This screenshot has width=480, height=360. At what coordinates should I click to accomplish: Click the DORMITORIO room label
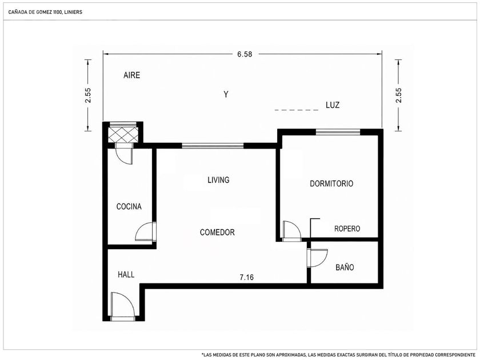331,183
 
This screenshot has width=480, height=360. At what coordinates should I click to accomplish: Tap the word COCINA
129,207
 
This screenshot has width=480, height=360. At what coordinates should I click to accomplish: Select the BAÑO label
345,267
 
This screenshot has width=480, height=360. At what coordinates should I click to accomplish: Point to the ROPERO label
347,229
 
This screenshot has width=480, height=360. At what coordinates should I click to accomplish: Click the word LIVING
218,179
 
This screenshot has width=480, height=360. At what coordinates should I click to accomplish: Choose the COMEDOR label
217,233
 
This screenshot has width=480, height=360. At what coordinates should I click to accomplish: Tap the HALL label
126,275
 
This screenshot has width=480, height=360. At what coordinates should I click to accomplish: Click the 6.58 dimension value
245,54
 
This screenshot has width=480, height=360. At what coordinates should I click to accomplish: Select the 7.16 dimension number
246,277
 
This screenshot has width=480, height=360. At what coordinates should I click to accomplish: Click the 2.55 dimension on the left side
88,95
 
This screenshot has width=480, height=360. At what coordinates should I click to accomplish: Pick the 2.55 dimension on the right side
398,95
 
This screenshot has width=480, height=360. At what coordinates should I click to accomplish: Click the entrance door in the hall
122,306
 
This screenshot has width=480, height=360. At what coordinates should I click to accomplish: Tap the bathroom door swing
317,258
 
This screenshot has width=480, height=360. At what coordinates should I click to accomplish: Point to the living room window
213,146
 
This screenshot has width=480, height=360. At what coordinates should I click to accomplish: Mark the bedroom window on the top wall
338,132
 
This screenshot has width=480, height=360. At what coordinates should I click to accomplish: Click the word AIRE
131,75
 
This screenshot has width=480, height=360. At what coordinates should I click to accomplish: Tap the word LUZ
333,105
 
